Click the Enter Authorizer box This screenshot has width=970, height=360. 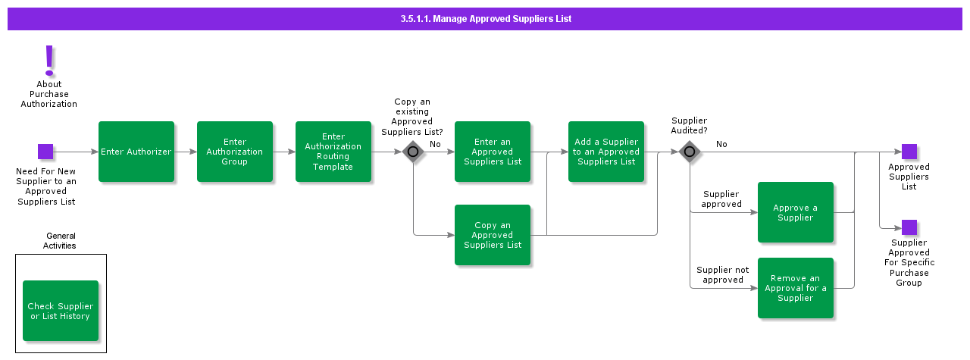pos(136,152)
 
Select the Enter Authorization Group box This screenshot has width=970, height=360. pos(235,152)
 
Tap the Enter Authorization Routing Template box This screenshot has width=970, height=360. pos(333,152)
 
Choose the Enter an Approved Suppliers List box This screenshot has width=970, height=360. pos(493,152)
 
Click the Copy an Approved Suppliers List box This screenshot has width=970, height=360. pos(493,235)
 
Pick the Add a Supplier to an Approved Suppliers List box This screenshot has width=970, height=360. pos(606,152)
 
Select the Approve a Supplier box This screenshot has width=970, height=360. pos(796,212)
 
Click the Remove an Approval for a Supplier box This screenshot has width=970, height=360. pos(796,288)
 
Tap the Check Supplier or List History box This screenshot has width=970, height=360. pos(61,311)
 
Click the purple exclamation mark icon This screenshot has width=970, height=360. pos(49,60)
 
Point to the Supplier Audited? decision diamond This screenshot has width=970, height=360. pos(690,152)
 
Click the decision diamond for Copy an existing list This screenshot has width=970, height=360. pos(413,152)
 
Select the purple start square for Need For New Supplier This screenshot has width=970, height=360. pos(45,152)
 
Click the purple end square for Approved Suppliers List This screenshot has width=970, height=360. pos(909,152)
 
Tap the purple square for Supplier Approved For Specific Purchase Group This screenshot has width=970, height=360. pos(909,227)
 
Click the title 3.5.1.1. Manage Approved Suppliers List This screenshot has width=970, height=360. pos(486,19)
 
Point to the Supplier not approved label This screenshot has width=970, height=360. pos(722,274)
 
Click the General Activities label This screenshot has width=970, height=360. pos(61,240)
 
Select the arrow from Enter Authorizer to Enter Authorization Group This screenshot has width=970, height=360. pos(186,152)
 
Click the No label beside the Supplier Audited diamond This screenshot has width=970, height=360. pos(721,144)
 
